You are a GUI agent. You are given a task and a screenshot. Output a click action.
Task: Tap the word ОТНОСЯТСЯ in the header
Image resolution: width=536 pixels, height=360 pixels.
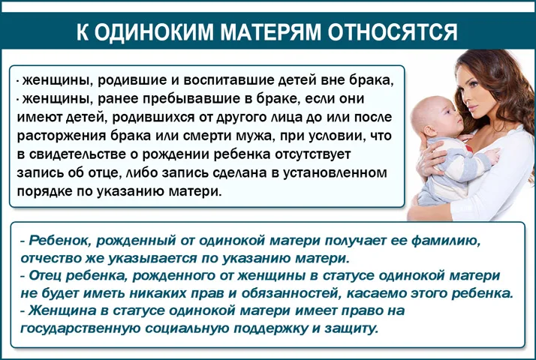(x=393, y=32)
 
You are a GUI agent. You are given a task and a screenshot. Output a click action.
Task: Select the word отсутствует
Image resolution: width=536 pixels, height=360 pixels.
(x=313, y=154)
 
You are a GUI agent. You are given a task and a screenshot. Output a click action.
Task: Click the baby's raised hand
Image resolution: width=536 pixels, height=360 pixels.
(x=492, y=156)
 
